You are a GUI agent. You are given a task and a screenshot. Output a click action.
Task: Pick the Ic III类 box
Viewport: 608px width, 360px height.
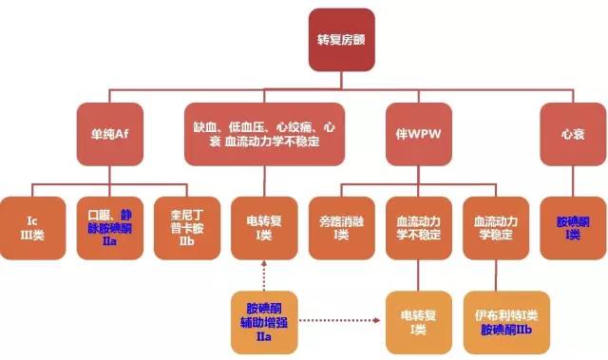pyautogui.click(x=34, y=226)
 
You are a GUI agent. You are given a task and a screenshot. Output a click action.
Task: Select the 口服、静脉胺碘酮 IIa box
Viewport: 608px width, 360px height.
pyautogui.click(x=110, y=226)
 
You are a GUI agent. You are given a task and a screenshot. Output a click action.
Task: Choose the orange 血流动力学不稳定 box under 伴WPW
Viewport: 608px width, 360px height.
pyautogui.click(x=419, y=226)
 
